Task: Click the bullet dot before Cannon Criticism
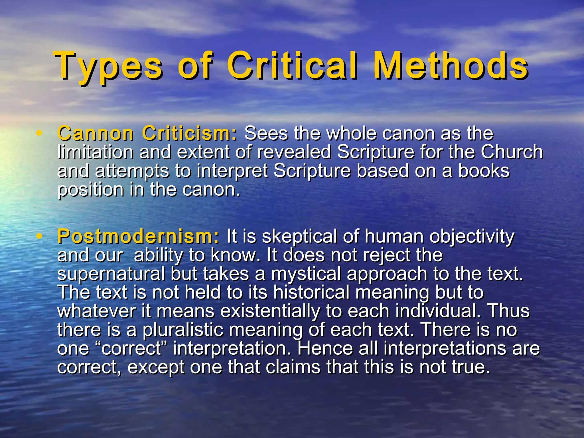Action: [40, 133]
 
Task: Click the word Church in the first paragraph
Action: [512, 152]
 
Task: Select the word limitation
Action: [95, 152]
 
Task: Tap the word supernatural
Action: [111, 274]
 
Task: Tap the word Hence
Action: [325, 348]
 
